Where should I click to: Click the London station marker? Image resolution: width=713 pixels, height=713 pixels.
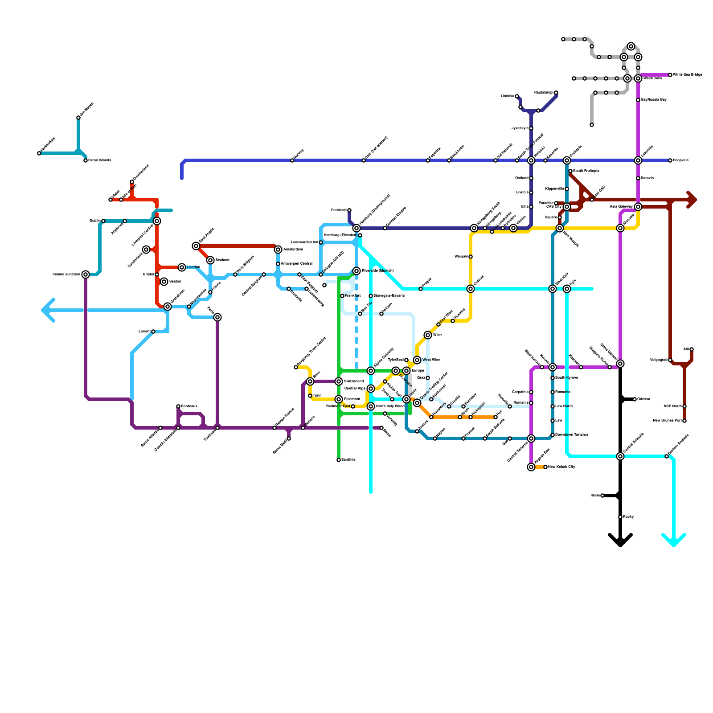click(x=182, y=267)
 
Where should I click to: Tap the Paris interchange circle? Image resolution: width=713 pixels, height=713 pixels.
click(x=217, y=317)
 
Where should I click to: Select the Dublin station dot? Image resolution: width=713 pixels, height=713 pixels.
click(x=103, y=221)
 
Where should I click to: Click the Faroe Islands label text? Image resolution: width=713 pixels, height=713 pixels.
click(x=100, y=160)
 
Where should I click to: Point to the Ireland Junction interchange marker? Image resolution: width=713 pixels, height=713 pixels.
click(x=86, y=275)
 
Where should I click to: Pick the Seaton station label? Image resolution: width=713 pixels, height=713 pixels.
click(x=175, y=282)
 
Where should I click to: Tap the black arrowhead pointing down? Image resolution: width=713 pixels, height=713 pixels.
click(x=620, y=541)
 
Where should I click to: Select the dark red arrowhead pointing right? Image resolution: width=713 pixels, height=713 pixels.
click(x=692, y=200)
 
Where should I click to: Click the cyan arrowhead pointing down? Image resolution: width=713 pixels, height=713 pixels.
click(x=674, y=541)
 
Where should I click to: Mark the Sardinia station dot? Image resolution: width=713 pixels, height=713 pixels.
click(x=339, y=460)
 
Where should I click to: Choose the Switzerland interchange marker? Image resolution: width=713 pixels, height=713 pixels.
click(x=339, y=381)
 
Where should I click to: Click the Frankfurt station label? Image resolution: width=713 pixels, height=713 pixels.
click(x=352, y=296)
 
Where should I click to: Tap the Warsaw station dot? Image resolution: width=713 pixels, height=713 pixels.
click(x=471, y=257)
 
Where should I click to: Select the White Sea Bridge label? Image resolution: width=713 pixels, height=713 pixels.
click(x=687, y=75)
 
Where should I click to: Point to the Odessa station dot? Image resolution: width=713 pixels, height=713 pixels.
click(x=635, y=399)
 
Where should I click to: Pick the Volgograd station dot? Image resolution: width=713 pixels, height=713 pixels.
click(x=670, y=360)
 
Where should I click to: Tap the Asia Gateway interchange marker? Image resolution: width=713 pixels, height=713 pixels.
click(x=638, y=207)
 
